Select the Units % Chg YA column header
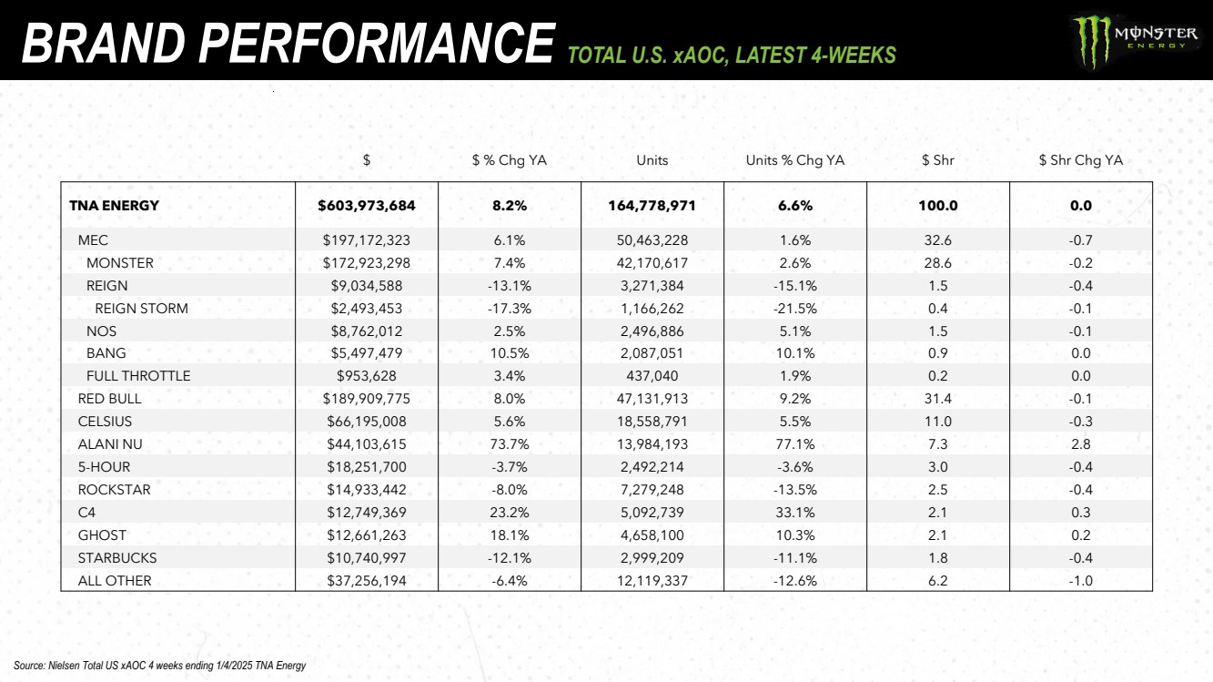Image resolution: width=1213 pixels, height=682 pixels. (x=794, y=160)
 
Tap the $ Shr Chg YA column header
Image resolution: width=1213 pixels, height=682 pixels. (x=1080, y=160)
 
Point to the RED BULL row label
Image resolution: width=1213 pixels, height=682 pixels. (x=109, y=399)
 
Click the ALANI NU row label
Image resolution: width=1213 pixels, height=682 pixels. (x=110, y=444)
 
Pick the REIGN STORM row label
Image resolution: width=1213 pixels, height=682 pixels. (x=141, y=309)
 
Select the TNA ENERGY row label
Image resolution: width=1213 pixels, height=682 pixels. (x=114, y=206)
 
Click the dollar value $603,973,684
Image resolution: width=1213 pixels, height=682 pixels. (x=366, y=206)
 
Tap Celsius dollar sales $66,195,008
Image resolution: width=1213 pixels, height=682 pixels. (x=366, y=422)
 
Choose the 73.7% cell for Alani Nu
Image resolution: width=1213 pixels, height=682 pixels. (x=509, y=444)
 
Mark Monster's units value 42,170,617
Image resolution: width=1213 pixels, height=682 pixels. (x=652, y=263)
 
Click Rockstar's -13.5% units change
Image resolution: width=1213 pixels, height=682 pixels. (x=794, y=490)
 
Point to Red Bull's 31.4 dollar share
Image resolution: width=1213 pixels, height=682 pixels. (x=937, y=399)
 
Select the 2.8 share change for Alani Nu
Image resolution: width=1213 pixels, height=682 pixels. (x=1080, y=444)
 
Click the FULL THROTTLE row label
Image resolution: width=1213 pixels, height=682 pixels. (x=138, y=376)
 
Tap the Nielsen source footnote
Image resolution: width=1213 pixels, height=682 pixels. (x=160, y=666)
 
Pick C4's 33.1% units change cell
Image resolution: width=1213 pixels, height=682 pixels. (x=794, y=513)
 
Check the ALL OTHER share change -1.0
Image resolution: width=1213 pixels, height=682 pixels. (x=1080, y=581)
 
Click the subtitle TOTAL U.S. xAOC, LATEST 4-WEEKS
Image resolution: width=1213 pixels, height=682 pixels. (x=732, y=56)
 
